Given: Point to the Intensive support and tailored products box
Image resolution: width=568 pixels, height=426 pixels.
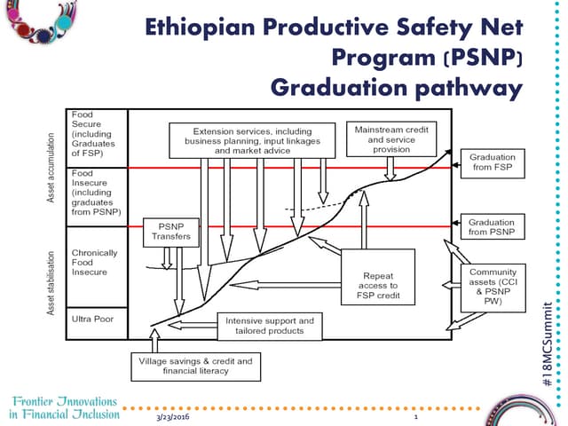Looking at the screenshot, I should (x=270, y=325).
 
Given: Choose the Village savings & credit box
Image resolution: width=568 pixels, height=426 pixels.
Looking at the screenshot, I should (x=195, y=366).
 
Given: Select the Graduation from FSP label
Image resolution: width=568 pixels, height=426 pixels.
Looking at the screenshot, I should (x=491, y=162).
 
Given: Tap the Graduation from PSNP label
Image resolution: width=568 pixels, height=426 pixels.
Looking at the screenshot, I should (x=491, y=227).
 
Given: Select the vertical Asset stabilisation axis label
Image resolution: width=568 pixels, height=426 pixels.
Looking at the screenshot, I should (x=52, y=281).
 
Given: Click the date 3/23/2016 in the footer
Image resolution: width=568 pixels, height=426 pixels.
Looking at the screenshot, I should (x=174, y=416).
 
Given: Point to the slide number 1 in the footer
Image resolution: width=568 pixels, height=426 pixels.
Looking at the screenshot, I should (x=415, y=416).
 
